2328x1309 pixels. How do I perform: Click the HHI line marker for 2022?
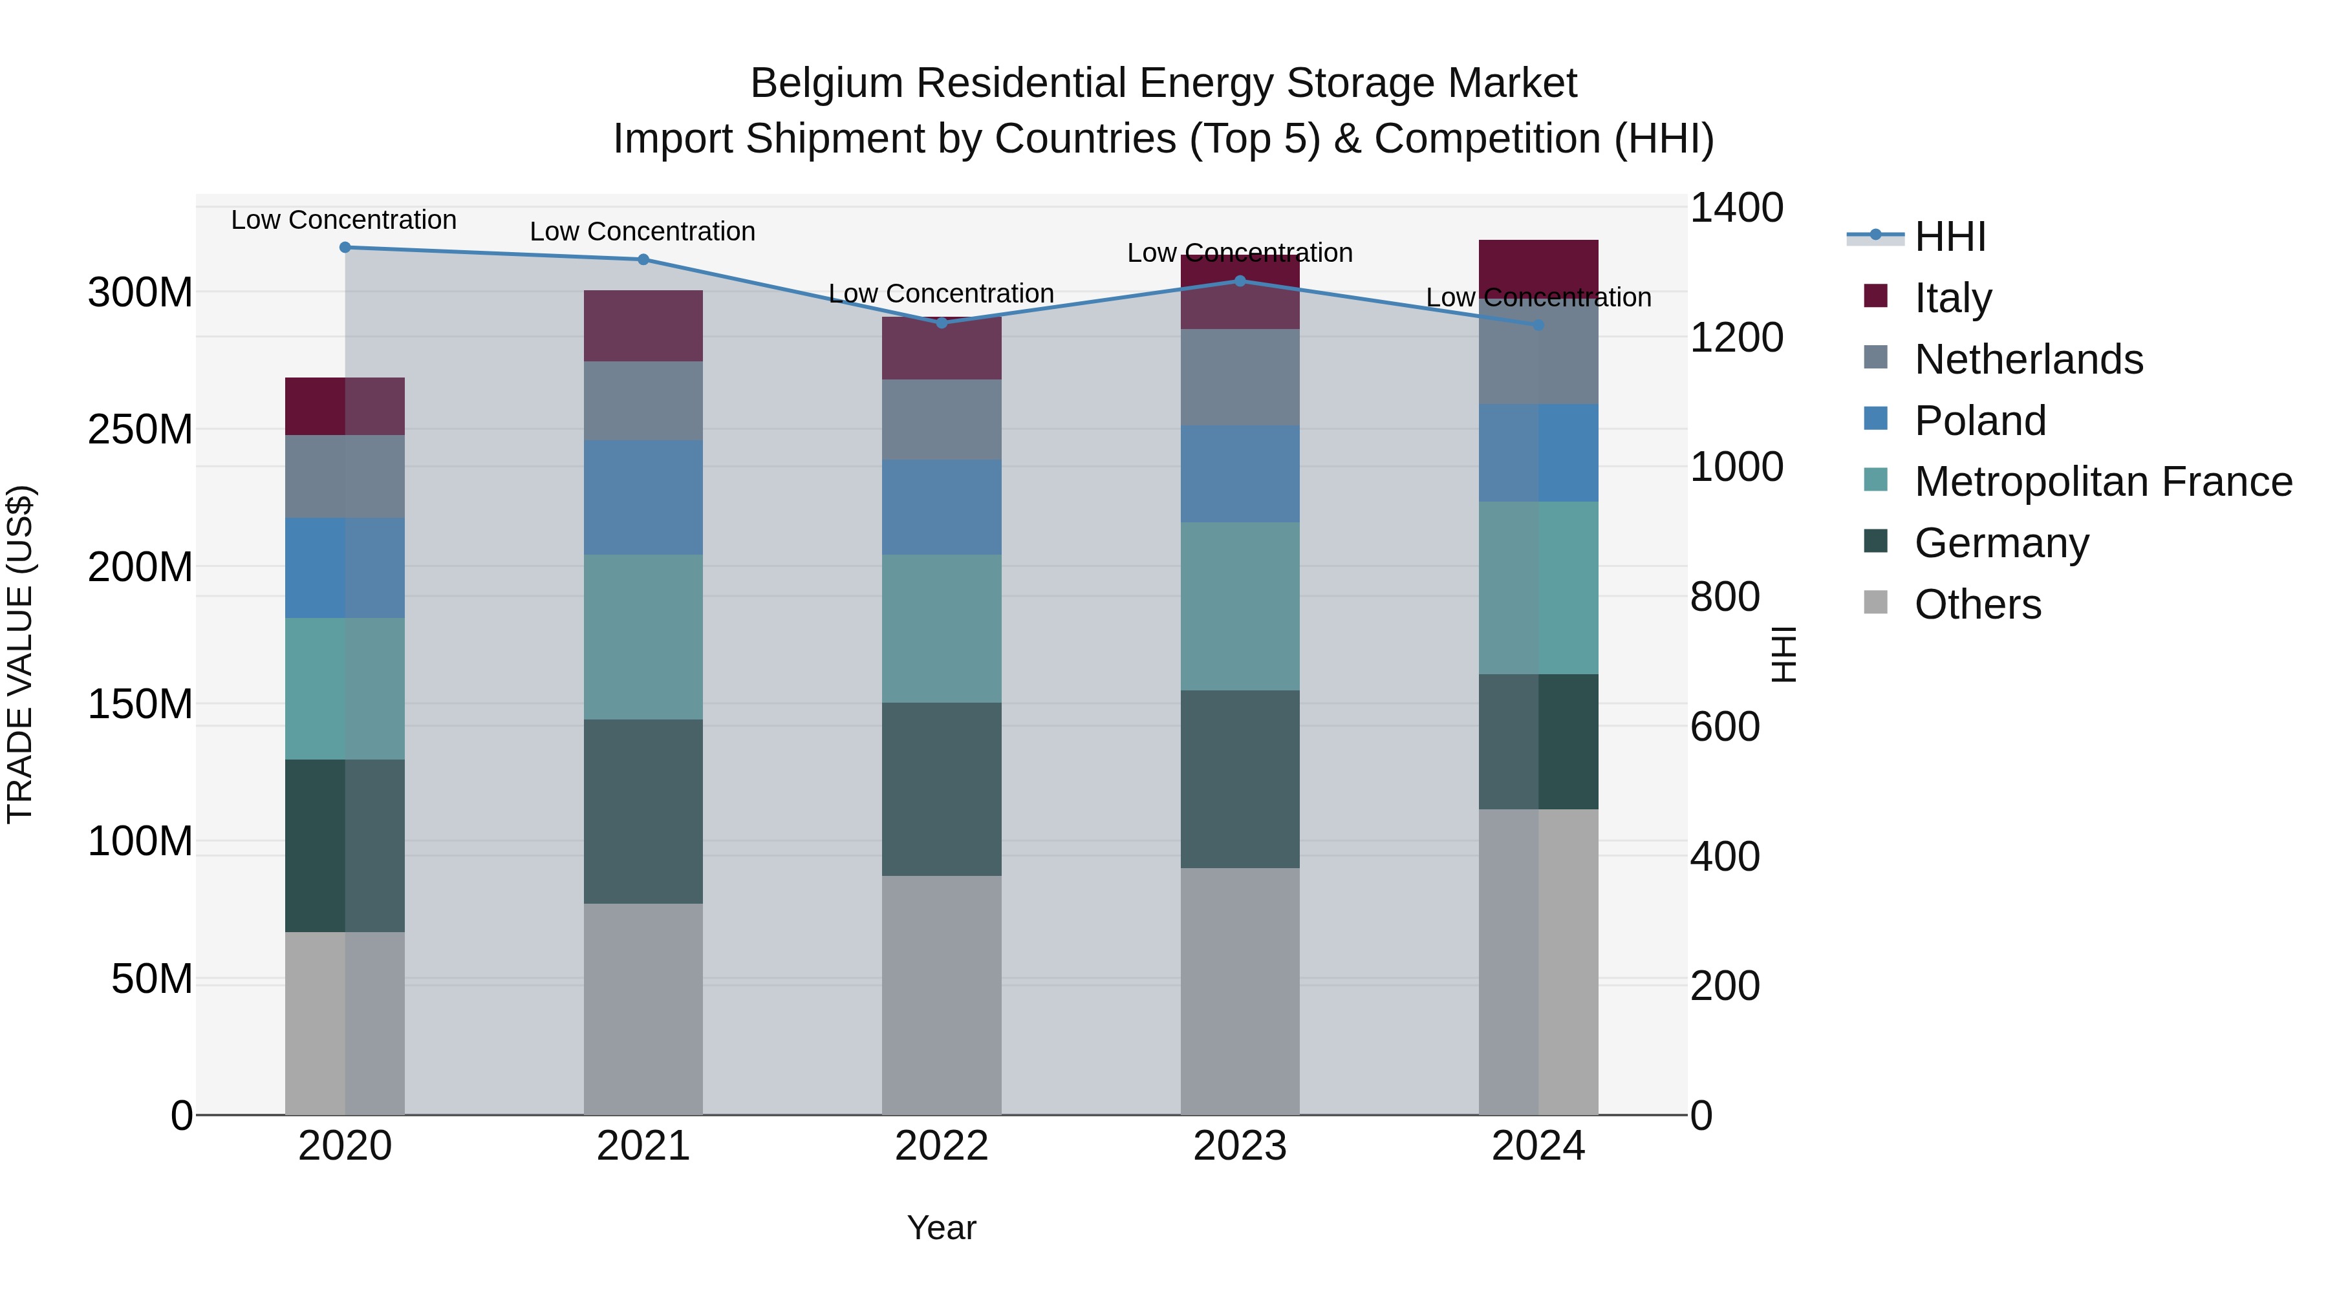click(x=941, y=323)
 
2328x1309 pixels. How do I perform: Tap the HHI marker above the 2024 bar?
click(x=1538, y=325)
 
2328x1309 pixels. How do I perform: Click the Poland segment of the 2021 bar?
click(x=643, y=497)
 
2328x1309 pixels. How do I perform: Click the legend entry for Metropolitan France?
click(x=2102, y=482)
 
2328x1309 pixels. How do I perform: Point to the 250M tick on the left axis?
click(x=140, y=429)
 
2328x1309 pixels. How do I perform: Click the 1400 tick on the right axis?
click(x=1735, y=208)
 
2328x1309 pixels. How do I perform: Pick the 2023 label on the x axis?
click(x=1239, y=1146)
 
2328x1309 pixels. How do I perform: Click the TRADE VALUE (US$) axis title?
click(x=20, y=654)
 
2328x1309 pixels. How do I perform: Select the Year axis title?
click(x=941, y=1228)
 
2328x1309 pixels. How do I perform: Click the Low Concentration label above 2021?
click(x=643, y=231)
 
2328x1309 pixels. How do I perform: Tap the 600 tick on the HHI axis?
click(x=1724, y=727)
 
